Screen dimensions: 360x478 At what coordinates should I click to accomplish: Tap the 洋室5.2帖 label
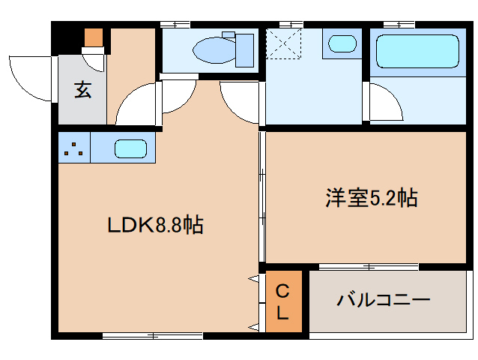(x=371, y=198)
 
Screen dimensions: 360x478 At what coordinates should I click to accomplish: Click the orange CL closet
(x=282, y=302)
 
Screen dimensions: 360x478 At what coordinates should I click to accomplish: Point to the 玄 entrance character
(x=82, y=91)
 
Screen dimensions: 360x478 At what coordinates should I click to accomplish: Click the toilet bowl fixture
(x=217, y=50)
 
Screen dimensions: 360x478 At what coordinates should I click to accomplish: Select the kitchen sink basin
(x=130, y=148)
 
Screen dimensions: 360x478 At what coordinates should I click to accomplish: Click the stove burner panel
(x=73, y=147)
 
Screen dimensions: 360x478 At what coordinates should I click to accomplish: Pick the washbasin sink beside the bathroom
(x=342, y=43)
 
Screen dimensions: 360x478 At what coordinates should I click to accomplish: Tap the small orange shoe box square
(x=93, y=37)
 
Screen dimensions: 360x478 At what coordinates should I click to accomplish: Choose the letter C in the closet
(x=282, y=291)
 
